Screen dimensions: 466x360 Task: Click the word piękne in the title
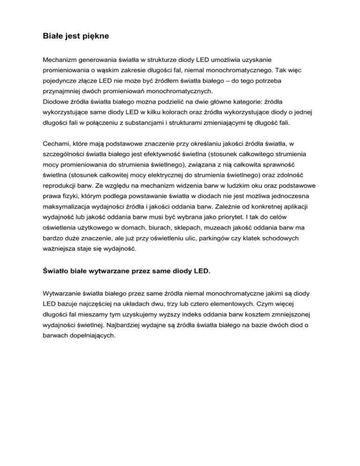pos(96,36)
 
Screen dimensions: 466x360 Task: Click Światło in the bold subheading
pos(60,271)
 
